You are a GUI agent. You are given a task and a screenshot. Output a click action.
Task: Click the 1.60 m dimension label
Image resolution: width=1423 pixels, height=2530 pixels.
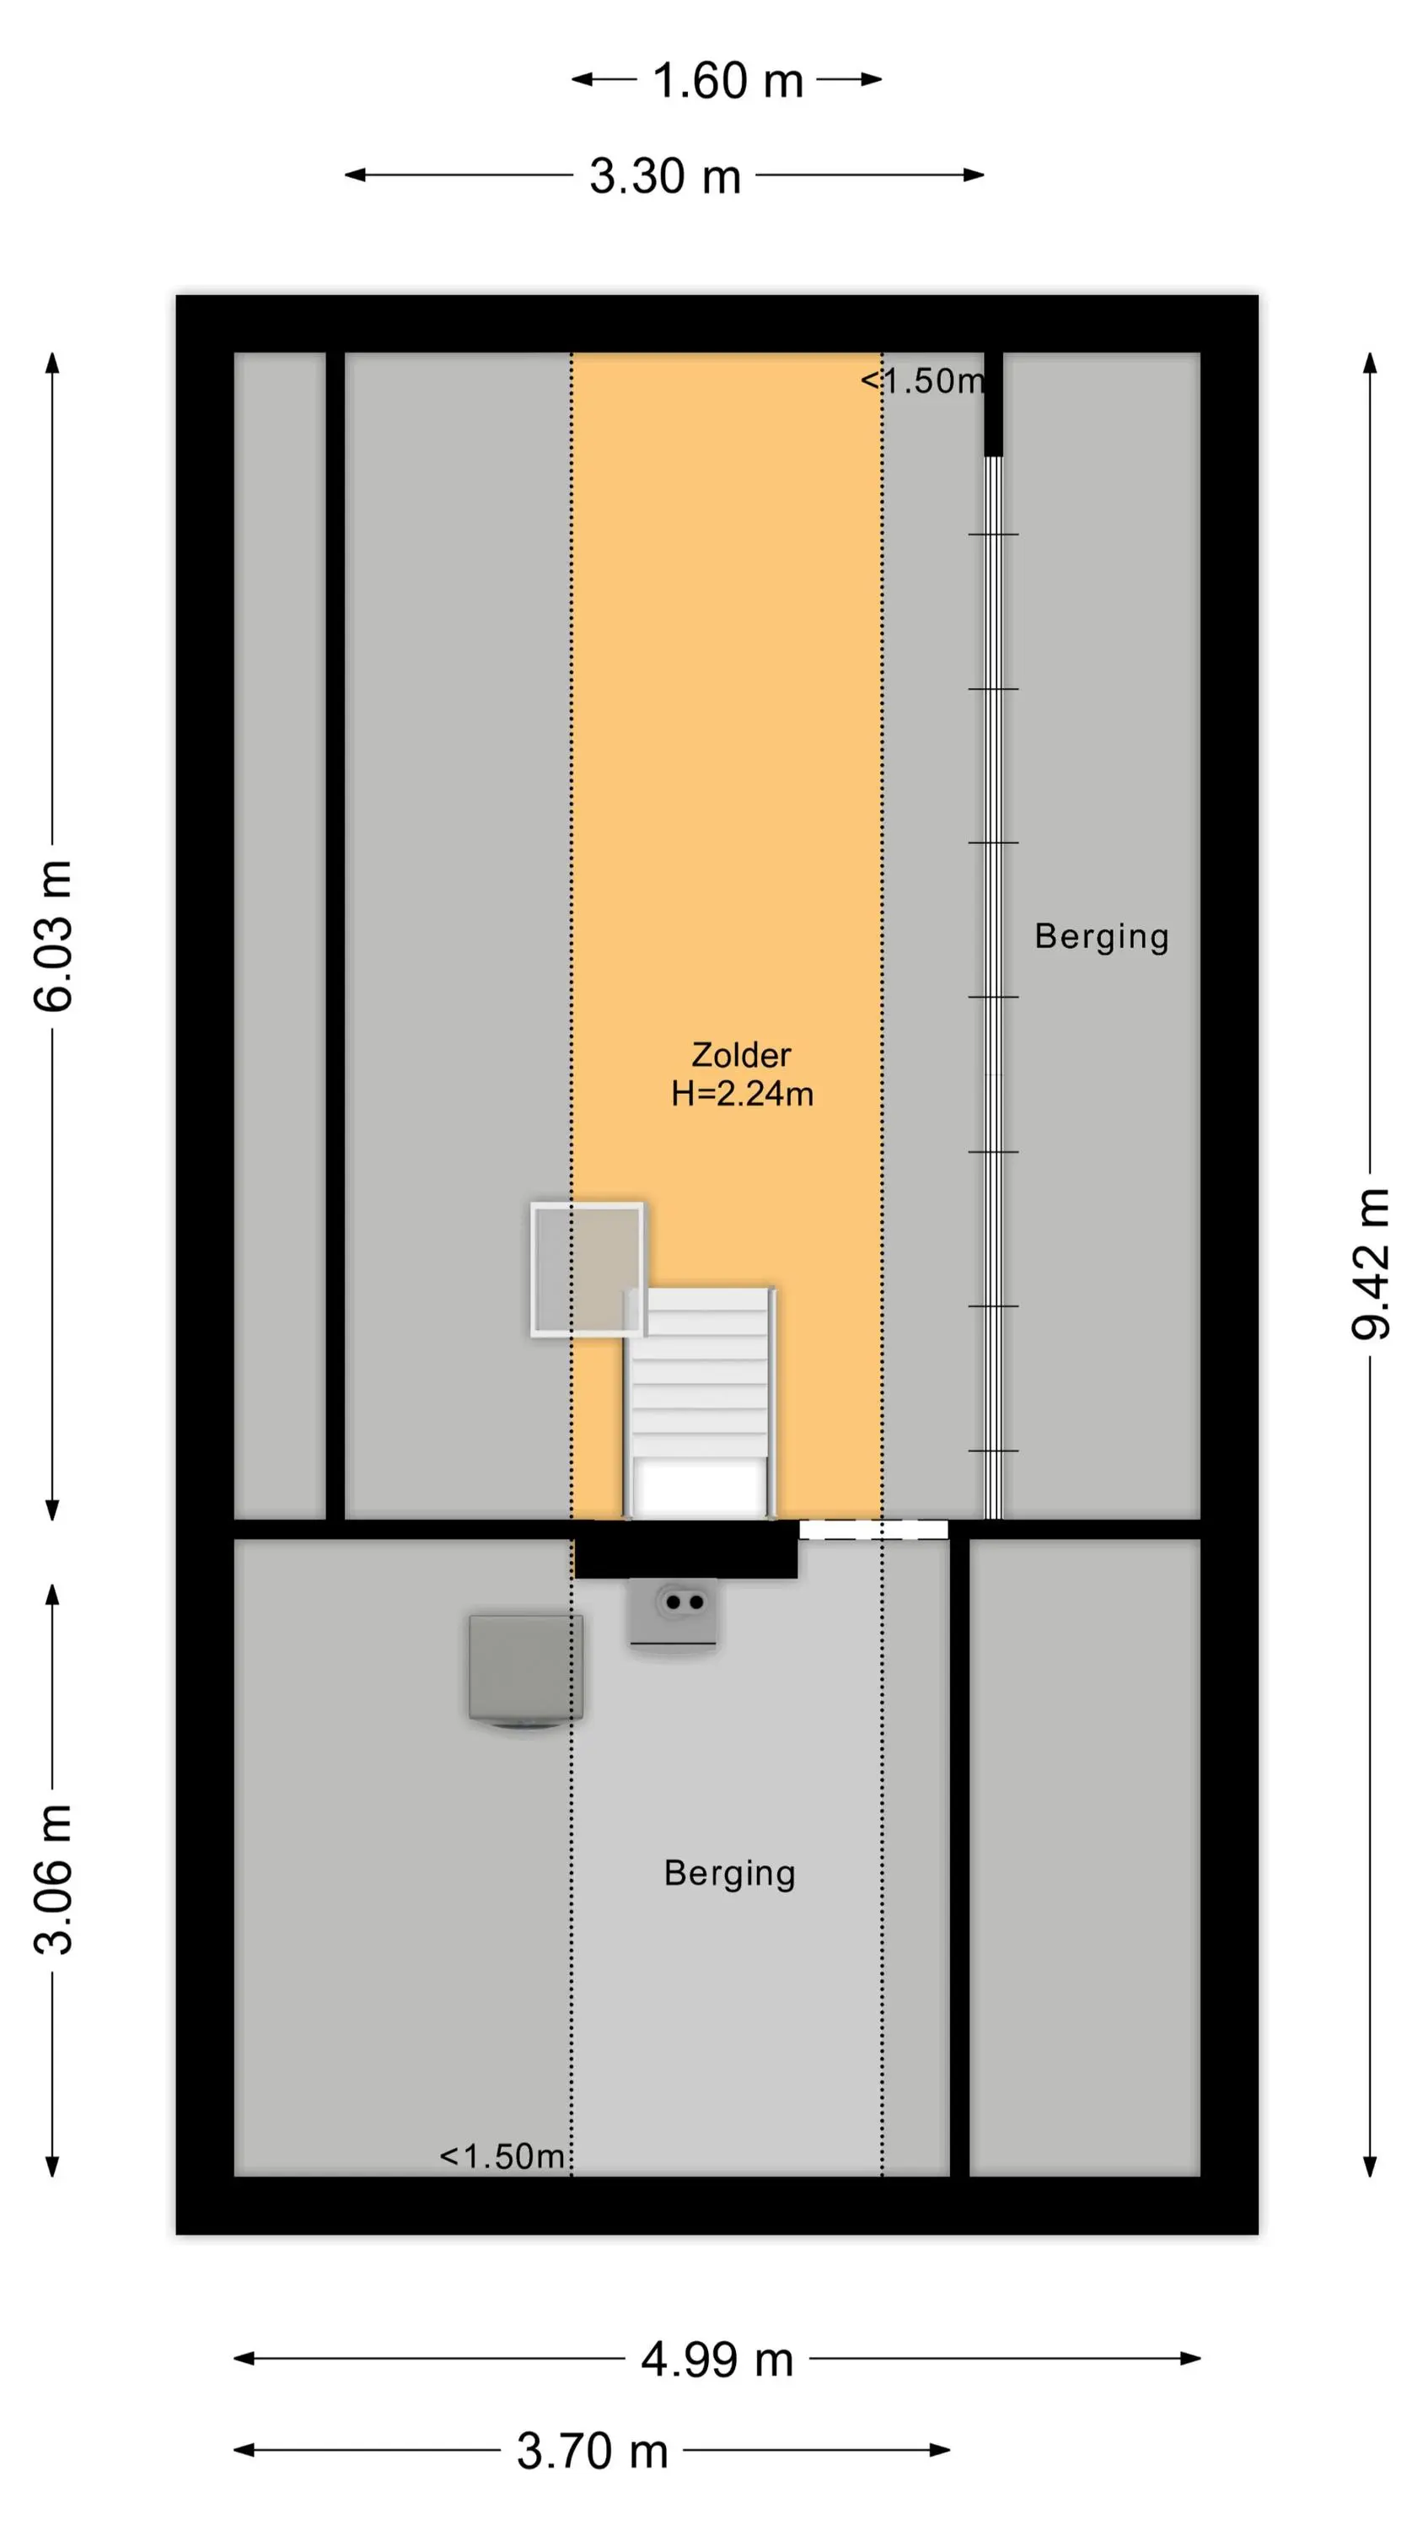coord(728,80)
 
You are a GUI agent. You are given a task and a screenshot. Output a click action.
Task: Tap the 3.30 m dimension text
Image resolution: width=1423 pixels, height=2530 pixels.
coord(665,177)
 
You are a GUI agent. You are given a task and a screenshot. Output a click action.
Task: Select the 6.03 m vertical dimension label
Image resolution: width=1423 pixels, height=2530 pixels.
coord(54,935)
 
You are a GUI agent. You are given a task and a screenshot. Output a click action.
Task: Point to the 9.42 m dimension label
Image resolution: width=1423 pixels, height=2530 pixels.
coord(1371,1263)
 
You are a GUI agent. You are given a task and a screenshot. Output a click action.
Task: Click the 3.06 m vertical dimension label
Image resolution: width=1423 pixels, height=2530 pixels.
coord(54,1879)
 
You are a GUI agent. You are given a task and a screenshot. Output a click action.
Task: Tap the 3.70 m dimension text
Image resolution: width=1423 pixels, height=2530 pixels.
coord(592,2451)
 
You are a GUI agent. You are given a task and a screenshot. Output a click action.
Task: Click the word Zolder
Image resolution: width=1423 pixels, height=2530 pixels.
coord(742,1055)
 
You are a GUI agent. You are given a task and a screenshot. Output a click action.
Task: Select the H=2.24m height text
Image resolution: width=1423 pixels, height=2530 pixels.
coord(743,1093)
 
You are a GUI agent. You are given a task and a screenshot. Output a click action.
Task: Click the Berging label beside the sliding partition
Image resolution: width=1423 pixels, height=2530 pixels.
coord(1101,937)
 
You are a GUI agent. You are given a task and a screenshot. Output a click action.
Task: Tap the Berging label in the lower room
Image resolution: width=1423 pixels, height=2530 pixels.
coord(730,1874)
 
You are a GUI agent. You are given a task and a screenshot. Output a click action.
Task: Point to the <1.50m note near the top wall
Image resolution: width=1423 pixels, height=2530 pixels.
coord(922,381)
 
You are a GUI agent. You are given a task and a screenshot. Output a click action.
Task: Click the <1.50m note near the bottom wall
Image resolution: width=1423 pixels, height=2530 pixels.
coord(502,2156)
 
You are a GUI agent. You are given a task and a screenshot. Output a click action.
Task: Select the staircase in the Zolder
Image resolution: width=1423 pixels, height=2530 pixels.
coord(701,1402)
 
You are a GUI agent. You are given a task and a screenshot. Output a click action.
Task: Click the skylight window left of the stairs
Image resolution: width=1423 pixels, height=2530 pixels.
coord(588,1269)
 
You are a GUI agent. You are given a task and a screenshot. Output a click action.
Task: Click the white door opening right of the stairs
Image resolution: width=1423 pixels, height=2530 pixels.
coord(873,1529)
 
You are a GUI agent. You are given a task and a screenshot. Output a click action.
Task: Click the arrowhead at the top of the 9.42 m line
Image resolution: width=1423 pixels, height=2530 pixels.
coord(1370,363)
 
